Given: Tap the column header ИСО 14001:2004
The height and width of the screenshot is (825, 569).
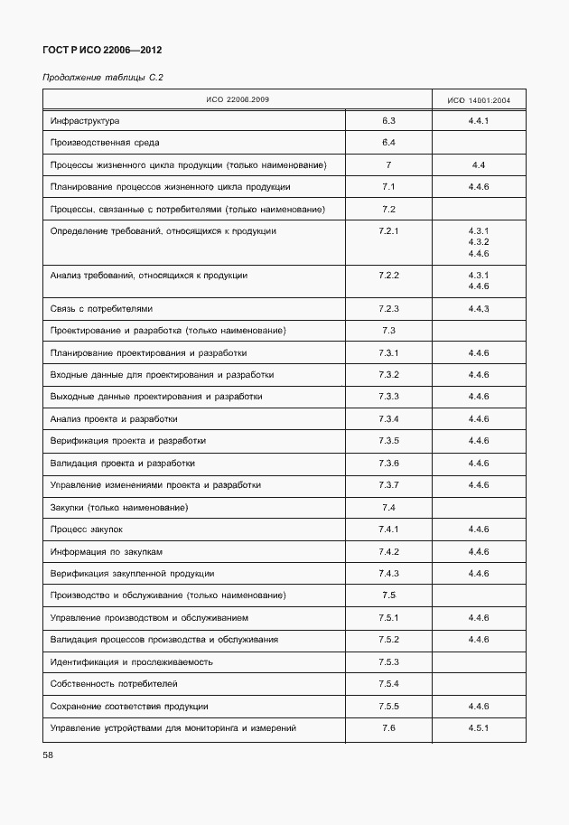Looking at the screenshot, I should (x=479, y=99).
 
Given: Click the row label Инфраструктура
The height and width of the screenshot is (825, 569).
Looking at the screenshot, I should (x=86, y=120).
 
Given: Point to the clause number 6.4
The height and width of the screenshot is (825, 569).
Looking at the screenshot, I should (x=389, y=143).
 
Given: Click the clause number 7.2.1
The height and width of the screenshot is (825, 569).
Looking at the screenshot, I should (x=389, y=231).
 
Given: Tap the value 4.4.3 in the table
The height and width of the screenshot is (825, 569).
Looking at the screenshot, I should (x=479, y=309).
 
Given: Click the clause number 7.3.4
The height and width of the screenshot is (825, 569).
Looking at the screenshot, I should (x=389, y=419).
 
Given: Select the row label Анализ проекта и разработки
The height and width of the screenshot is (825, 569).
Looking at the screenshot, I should (x=114, y=419).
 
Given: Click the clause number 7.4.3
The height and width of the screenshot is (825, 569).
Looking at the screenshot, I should (x=389, y=574).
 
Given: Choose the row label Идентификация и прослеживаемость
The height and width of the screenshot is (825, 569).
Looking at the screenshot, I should (x=132, y=661).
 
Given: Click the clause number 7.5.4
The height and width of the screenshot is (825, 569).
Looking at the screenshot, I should (x=389, y=684).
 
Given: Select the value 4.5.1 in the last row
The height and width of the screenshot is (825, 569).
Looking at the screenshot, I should (x=479, y=728).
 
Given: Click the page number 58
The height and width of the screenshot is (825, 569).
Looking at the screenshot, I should (x=49, y=755).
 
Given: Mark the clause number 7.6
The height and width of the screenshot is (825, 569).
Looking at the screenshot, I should (x=389, y=728).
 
